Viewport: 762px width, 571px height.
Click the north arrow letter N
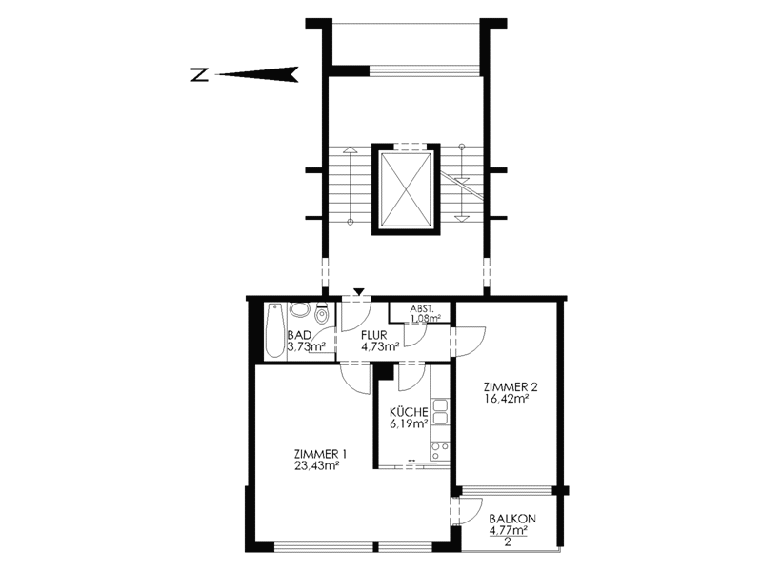[x=200, y=75]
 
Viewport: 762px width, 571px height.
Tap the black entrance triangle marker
[x=359, y=291]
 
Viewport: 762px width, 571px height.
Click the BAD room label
[x=299, y=335]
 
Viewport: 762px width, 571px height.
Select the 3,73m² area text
[x=306, y=346]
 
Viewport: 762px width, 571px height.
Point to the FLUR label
[x=374, y=335]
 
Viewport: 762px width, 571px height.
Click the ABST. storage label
[x=422, y=308]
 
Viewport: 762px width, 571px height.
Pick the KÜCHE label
[x=409, y=412]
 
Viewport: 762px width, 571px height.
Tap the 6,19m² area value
[x=409, y=423]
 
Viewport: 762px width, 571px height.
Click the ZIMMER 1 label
[x=320, y=455]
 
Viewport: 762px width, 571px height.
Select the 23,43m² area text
[x=316, y=466]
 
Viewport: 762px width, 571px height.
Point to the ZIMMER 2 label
[x=511, y=387]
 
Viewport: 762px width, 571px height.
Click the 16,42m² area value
[x=506, y=399]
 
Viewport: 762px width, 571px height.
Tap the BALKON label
[x=512, y=519]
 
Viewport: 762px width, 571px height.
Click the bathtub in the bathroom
[x=275, y=331]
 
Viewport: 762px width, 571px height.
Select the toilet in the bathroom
[x=321, y=313]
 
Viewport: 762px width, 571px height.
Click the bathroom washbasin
[x=299, y=310]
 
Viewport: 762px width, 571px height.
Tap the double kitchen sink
[x=441, y=411]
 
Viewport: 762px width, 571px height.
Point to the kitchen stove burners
[x=440, y=450]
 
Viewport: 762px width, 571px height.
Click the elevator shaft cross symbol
[x=407, y=189]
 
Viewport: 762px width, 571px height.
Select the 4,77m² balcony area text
[x=509, y=530]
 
